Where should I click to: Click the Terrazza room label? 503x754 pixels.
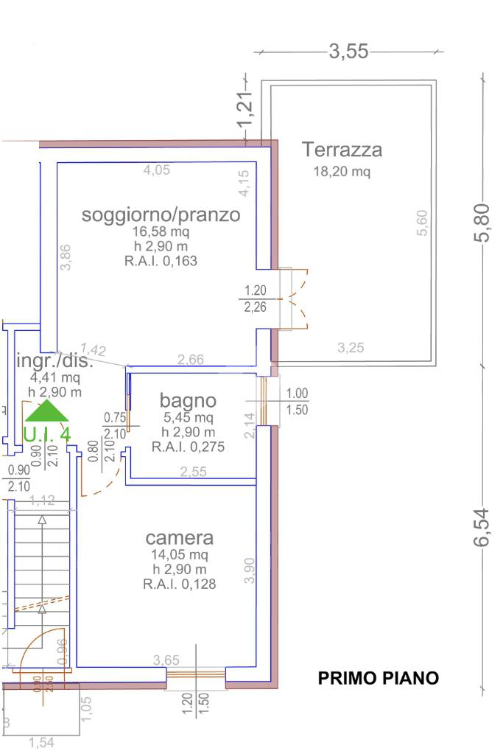point(342,150)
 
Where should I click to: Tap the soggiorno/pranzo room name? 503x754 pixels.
point(161,214)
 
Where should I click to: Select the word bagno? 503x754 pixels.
point(188,401)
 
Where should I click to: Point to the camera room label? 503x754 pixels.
point(179,537)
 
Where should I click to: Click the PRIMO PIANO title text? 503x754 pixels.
point(379,678)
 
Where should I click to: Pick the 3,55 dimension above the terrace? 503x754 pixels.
point(349,51)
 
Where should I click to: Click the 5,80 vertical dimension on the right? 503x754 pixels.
point(482,222)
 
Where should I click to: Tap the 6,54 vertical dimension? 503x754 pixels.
point(482,527)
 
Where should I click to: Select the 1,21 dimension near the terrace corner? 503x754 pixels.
point(245,110)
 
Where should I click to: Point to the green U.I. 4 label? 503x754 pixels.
point(47,435)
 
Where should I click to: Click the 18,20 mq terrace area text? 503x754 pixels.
point(342,172)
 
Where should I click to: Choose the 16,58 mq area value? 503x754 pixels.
point(161,231)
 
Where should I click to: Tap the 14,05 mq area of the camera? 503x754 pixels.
point(179,555)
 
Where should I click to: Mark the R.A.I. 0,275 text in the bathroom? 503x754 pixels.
point(188,447)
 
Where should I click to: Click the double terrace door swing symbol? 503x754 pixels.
point(298,299)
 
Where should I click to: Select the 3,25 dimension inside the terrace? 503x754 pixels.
point(351,348)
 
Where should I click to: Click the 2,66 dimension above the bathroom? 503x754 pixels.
point(191,359)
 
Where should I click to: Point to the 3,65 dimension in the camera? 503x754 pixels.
point(166,660)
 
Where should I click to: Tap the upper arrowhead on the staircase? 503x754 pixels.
point(42,520)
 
